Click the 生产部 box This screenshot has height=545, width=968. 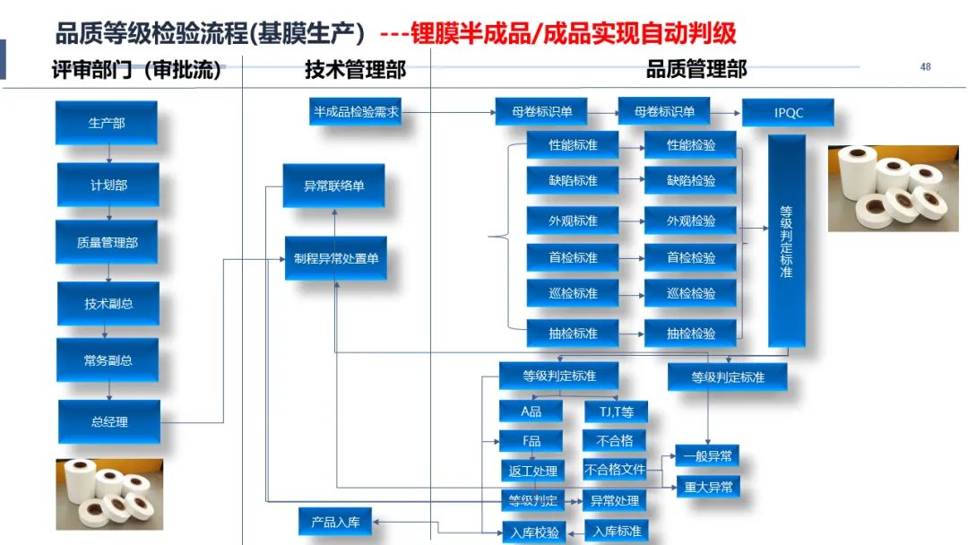click(107, 123)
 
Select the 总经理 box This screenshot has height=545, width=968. click(109, 421)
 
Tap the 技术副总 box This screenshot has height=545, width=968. click(108, 304)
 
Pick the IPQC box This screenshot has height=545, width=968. click(788, 113)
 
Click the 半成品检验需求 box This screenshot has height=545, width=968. click(356, 112)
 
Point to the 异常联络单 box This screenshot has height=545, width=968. click(333, 186)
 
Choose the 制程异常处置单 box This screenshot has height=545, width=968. click(335, 258)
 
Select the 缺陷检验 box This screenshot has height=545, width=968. click(690, 180)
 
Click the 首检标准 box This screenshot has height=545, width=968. click(573, 257)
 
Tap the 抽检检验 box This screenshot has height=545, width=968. click(690, 333)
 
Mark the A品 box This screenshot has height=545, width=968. click(531, 411)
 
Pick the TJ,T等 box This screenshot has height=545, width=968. click(615, 411)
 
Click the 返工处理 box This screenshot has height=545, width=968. click(532, 471)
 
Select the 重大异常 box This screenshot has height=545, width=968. click(707, 487)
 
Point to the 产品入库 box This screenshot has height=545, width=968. click(335, 522)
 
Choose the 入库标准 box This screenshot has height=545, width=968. click(617, 531)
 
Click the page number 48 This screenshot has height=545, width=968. click(925, 67)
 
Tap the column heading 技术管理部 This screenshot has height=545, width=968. click(355, 70)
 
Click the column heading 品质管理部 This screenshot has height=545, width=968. click(696, 70)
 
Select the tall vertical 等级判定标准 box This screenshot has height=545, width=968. click(787, 240)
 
